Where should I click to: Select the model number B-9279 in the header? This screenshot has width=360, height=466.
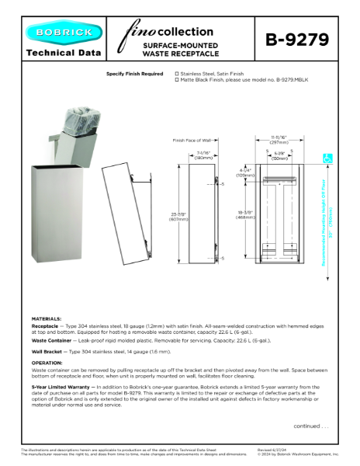click(297, 40)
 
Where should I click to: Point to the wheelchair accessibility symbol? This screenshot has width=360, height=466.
click(327, 158)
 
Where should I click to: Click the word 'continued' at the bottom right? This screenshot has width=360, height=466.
click(305, 426)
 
